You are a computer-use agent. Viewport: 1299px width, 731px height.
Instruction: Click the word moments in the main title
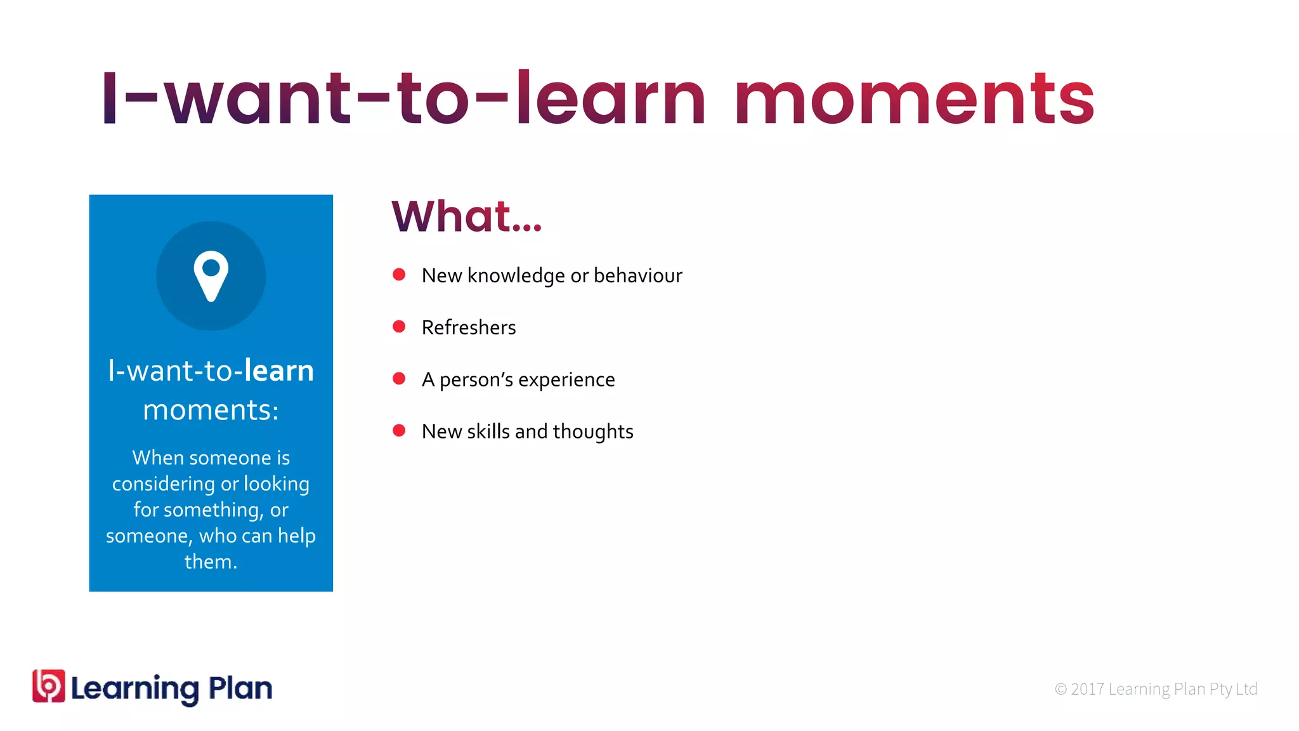(914, 100)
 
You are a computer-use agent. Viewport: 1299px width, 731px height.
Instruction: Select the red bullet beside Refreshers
(399, 327)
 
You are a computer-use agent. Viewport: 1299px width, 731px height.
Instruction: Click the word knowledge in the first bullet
(516, 275)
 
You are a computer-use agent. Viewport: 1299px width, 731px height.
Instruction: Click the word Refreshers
(469, 327)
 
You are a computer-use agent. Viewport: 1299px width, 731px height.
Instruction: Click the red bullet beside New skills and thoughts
(399, 431)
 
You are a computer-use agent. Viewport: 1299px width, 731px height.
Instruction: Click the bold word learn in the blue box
(279, 371)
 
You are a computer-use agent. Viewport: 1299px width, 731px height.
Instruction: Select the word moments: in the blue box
(211, 410)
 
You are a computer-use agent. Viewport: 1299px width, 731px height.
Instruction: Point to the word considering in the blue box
(164, 484)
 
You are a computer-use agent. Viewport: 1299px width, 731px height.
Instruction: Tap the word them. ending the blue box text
(211, 562)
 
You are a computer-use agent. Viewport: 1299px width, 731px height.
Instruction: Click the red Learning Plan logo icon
(49, 686)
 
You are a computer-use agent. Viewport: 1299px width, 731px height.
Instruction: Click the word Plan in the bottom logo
(240, 688)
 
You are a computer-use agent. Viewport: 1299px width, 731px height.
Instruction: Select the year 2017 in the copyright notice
(1088, 689)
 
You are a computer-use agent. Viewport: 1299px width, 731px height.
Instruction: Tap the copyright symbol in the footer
(1061, 689)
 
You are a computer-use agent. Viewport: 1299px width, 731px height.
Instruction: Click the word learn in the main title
(610, 100)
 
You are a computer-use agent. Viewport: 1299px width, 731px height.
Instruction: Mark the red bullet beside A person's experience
(399, 379)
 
